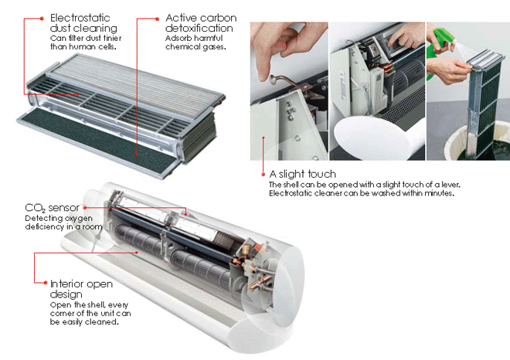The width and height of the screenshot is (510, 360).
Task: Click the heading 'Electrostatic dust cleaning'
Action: click(83, 22)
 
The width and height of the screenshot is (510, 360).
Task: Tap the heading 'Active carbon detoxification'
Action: click(201, 22)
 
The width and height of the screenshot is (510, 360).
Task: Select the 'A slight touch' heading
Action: click(302, 174)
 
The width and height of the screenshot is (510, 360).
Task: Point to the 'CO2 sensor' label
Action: click(52, 208)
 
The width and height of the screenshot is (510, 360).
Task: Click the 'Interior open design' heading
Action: click(81, 289)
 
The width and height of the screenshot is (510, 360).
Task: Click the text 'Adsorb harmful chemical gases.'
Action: click(195, 42)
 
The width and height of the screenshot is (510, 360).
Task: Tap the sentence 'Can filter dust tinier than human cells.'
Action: click(86, 42)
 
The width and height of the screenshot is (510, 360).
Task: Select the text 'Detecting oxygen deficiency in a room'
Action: click(63, 222)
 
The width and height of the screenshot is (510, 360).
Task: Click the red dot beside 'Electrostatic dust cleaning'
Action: click(42, 19)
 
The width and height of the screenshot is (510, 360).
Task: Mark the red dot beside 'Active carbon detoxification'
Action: click(157, 19)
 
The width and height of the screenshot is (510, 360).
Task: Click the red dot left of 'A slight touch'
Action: click(263, 175)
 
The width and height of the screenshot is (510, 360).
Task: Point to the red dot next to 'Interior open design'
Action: click(46, 283)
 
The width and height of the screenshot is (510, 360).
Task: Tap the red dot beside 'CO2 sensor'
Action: click(85, 207)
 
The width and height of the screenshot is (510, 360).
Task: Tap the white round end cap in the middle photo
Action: click(372, 138)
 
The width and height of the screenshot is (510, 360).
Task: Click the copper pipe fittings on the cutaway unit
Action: click(257, 270)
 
